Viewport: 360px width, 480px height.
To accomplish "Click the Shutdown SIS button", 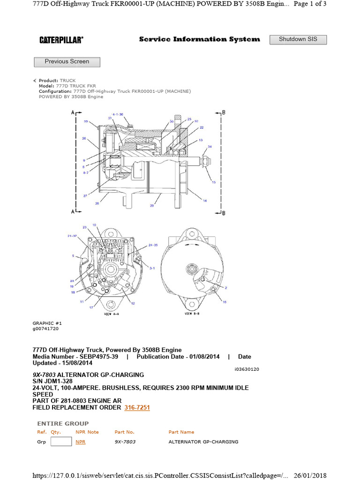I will click(298, 39).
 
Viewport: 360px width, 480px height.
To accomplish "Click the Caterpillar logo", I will click(61, 40).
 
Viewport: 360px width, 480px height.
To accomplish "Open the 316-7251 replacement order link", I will click(137, 408).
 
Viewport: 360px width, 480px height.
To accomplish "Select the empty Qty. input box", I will click(61, 442).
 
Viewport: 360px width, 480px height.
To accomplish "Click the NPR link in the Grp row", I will click(80, 442).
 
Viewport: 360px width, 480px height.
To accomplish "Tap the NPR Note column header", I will click(87, 432).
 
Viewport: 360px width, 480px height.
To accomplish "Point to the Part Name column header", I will click(181, 432).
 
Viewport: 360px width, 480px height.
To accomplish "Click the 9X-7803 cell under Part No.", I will click(125, 442).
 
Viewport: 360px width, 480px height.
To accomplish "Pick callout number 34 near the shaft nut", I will click(210, 147).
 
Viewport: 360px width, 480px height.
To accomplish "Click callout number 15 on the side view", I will click(213, 182).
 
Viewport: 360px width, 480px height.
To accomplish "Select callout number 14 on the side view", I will click(204, 201).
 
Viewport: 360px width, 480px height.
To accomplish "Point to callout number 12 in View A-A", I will click(133, 303).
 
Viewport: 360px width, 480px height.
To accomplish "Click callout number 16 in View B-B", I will click(225, 302).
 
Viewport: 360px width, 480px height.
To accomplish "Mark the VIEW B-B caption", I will click(192, 314).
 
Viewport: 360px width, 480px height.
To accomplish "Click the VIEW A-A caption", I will click(111, 314).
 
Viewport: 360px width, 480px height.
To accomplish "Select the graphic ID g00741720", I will click(45, 329).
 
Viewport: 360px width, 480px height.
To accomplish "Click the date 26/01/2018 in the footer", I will click(310, 475).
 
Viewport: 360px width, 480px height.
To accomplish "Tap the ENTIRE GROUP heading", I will click(63, 423).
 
